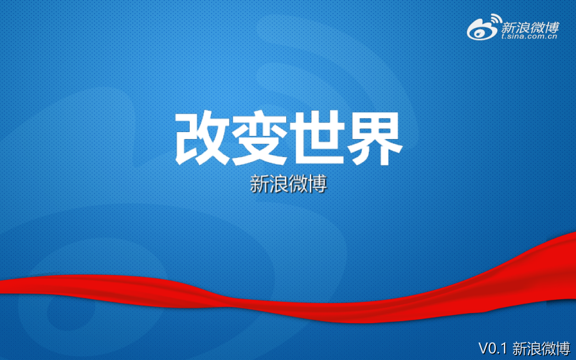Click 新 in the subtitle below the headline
click(259, 184)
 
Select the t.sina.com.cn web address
click(528, 37)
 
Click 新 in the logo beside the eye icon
click(508, 26)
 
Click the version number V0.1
click(492, 348)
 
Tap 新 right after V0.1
click(520, 348)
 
